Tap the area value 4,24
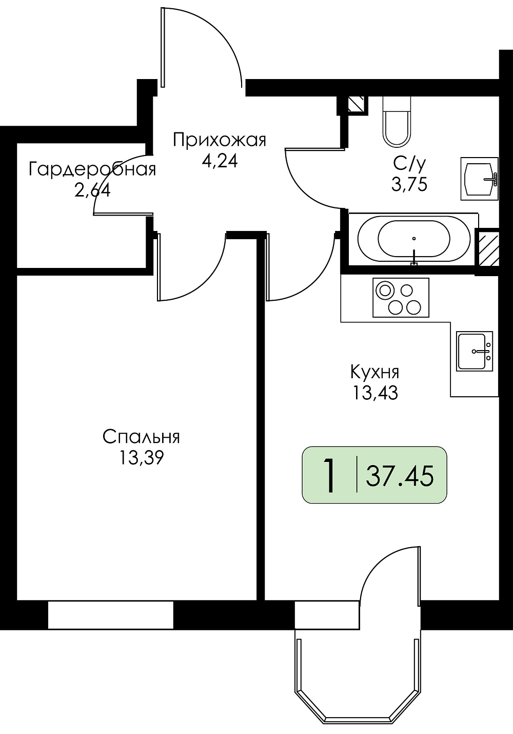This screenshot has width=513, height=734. click(220, 161)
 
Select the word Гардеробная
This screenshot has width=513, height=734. click(92, 169)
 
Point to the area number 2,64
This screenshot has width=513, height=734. click(92, 190)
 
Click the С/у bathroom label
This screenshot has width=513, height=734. click(409, 164)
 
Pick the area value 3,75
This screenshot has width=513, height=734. click(409, 184)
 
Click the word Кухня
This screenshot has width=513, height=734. click(375, 373)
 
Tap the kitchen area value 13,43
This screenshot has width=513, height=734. click(375, 393)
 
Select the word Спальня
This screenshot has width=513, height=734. click(141, 437)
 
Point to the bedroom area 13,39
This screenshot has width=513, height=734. click(141, 457)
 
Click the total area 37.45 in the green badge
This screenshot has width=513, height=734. click(400, 476)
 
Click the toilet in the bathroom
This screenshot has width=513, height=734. click(397, 122)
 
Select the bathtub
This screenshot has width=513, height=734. click(414, 239)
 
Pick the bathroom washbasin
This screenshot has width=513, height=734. click(479, 179)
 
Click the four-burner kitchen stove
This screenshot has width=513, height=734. click(401, 298)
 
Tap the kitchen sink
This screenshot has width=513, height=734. click(475, 351)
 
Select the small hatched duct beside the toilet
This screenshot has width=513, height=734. click(356, 104)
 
